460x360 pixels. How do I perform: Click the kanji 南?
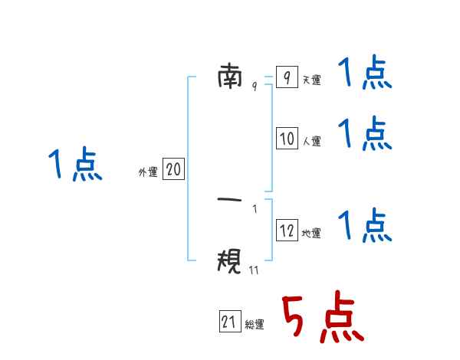coord(230,77)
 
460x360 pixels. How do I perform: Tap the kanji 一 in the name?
coord(230,200)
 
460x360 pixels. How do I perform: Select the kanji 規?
coord(229,260)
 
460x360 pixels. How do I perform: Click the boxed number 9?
coord(287,77)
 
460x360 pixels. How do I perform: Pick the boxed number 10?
coord(287,138)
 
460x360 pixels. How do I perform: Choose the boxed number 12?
coord(287,230)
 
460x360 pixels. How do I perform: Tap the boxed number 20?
coord(173,169)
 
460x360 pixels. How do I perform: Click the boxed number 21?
coord(230,321)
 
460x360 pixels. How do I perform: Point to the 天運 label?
coord(312,80)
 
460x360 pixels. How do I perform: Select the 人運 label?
coord(312,141)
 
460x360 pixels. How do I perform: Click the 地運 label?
coord(311,233)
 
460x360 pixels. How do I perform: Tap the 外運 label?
coord(148,172)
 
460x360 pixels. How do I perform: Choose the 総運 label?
coord(255,324)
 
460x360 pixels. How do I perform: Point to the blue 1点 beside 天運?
coord(365,73)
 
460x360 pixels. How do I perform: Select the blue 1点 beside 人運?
coord(365,134)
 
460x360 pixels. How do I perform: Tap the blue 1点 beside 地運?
coord(365,225)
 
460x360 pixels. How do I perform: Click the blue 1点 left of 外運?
coord(75,164)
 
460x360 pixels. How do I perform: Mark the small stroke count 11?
coord(254,270)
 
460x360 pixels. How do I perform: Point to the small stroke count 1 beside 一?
coord(255,209)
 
